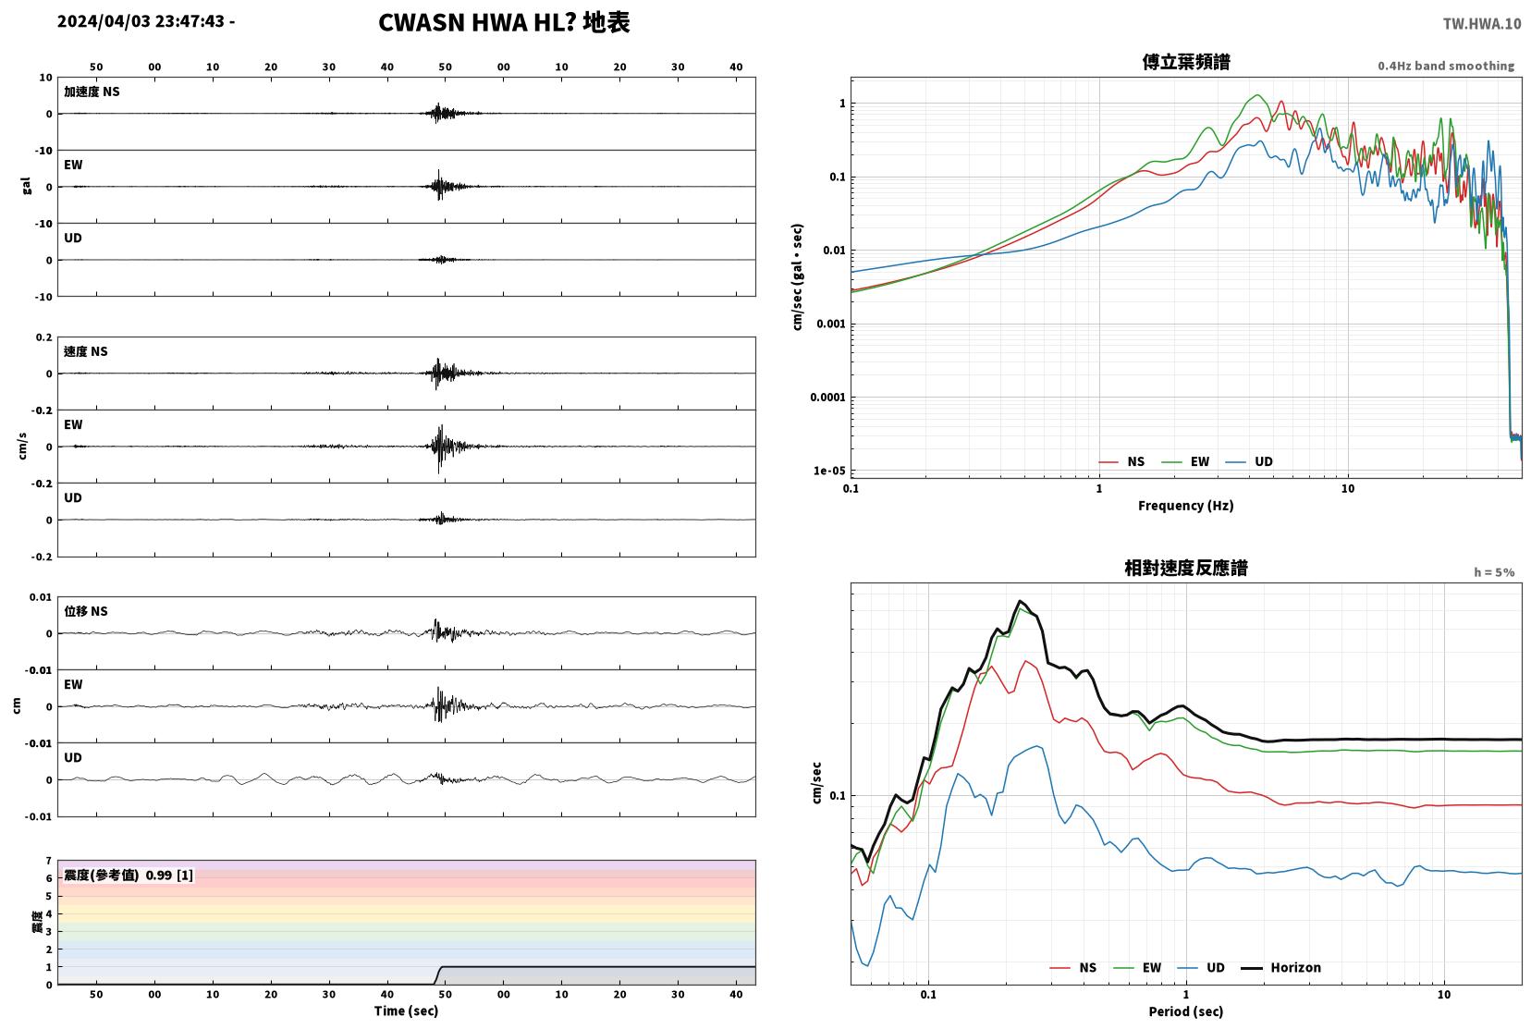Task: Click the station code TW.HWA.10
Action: pos(1482,24)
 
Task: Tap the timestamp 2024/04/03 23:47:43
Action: pos(141,21)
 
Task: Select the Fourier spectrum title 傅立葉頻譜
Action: pos(1186,62)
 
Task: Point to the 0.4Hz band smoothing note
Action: pos(1446,66)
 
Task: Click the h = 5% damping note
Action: pos(1493,572)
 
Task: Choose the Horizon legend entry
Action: pos(1280,967)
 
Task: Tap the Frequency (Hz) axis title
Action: pos(1186,506)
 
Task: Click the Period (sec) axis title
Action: pos(1186,1011)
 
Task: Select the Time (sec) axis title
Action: pos(406,1011)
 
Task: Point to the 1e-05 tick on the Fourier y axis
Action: pos(828,471)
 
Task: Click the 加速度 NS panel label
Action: pos(92,92)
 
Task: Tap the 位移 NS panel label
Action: pos(85,611)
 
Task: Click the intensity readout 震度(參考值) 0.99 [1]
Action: pos(129,876)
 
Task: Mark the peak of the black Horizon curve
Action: pos(1020,601)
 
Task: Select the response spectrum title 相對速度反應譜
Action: pos(1186,568)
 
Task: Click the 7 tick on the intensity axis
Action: pos(48,861)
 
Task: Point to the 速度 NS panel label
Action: pos(85,351)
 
